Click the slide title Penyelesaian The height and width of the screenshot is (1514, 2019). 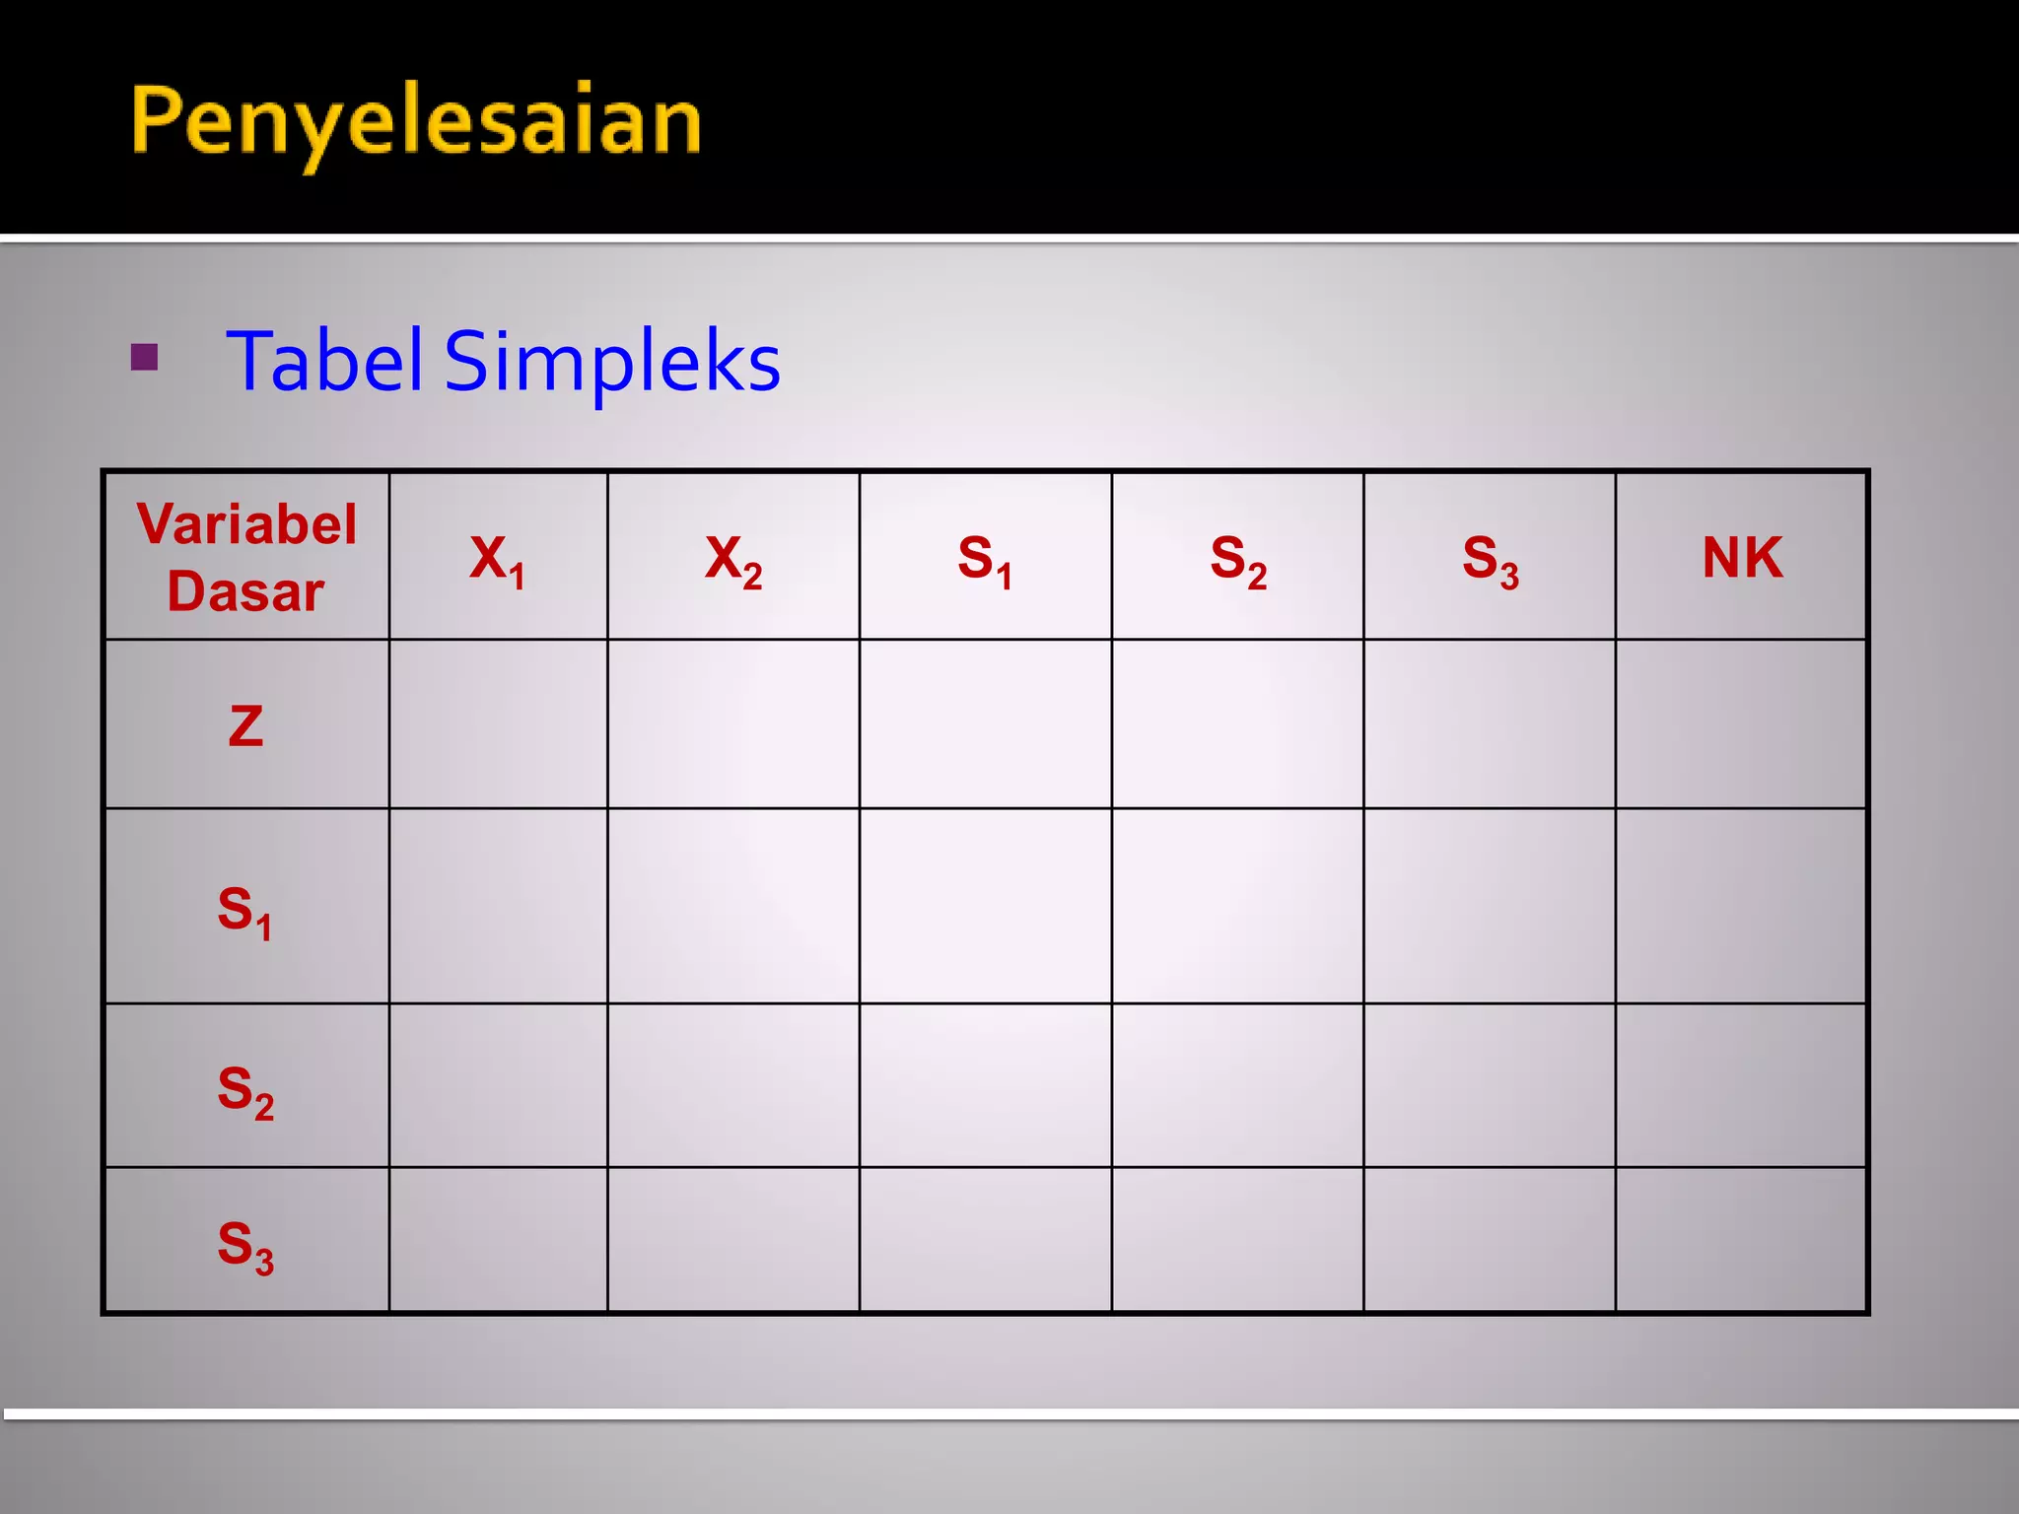coord(415,122)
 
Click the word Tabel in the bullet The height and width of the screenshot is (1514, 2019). coord(324,361)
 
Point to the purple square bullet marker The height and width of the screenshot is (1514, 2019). coord(144,357)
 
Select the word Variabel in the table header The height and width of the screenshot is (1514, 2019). coord(246,523)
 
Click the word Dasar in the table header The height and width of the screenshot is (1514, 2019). coord(245,591)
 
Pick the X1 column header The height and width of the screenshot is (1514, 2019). coord(497,559)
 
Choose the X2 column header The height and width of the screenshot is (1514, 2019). coord(733,559)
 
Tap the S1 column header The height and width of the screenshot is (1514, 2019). coord(985,559)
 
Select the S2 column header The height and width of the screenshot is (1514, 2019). coord(1237,559)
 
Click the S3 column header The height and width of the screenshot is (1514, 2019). coord(1490,559)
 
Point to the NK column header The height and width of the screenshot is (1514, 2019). coord(1742,558)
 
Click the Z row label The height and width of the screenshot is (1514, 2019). coord(245,726)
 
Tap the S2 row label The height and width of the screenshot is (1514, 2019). coord(245,1089)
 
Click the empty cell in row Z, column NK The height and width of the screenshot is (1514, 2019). coord(1741,724)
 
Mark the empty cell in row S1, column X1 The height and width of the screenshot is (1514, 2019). coord(498,906)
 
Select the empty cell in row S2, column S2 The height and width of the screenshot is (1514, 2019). coord(1237,1085)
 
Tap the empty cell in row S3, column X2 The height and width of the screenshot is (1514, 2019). coord(733,1240)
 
